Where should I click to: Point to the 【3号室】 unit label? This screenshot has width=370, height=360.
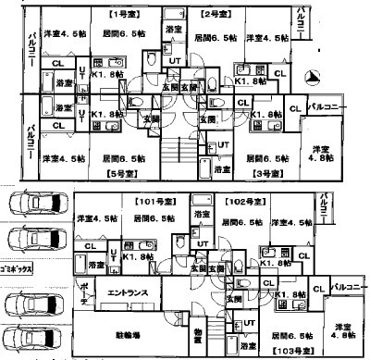(268, 171)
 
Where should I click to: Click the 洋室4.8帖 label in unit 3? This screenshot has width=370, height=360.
(321, 154)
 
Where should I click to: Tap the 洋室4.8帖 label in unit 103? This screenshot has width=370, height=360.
(343, 330)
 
